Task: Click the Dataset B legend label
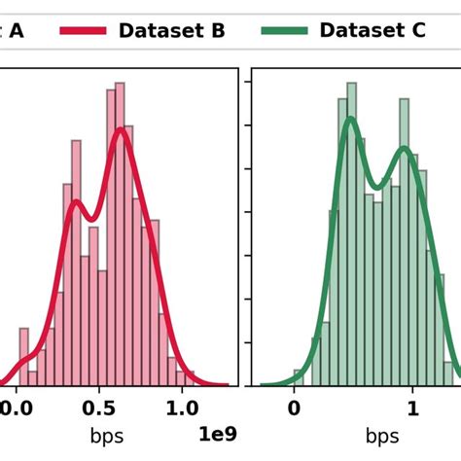pos(171,31)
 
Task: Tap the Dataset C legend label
pos(372,31)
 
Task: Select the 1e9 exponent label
pos(218,433)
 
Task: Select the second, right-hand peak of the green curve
pos(405,149)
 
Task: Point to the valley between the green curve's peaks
pos(376,185)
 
